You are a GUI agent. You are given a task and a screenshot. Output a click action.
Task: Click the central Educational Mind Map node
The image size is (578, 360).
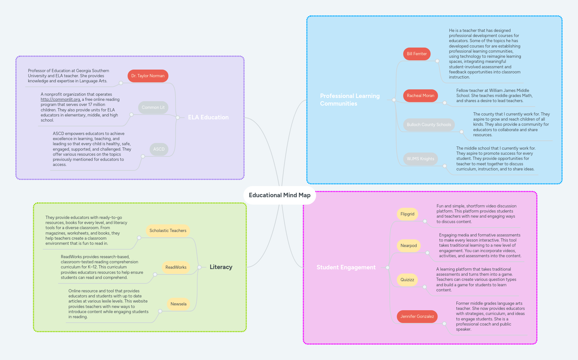(279, 195)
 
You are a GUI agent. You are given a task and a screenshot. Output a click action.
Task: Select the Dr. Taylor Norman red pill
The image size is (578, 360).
(148, 76)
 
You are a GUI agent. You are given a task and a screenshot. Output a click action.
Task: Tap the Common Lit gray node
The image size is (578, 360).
(153, 108)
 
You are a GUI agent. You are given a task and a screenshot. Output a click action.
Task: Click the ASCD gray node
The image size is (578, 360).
(159, 149)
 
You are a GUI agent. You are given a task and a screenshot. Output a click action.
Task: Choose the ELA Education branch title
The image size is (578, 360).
(208, 117)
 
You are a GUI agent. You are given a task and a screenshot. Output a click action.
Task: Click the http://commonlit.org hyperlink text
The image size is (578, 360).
(60, 100)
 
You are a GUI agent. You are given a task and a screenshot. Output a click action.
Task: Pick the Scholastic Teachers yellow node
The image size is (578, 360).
(168, 231)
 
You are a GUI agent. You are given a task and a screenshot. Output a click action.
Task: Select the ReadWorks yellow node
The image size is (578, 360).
(176, 267)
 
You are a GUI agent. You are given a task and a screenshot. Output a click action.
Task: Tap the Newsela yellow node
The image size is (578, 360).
(178, 304)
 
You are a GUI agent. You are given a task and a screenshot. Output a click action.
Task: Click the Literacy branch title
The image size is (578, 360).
(221, 267)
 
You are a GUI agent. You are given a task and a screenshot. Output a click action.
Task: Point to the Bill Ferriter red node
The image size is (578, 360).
(417, 54)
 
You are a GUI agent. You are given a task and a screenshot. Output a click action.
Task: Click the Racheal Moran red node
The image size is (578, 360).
(420, 96)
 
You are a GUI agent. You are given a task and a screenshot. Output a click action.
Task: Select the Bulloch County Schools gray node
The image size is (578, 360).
(429, 125)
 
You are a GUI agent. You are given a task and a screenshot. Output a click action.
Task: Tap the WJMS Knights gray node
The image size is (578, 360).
(420, 159)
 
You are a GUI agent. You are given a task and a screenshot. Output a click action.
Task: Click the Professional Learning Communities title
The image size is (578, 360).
(350, 100)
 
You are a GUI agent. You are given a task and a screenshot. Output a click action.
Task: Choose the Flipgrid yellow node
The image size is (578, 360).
(407, 214)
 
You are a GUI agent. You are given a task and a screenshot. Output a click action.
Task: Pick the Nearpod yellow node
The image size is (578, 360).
(409, 246)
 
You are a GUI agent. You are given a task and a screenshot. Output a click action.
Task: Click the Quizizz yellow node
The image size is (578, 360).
(407, 280)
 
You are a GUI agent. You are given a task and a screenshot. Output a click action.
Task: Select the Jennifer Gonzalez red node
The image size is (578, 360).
(417, 317)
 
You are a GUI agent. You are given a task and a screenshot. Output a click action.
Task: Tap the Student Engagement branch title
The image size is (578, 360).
(346, 267)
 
